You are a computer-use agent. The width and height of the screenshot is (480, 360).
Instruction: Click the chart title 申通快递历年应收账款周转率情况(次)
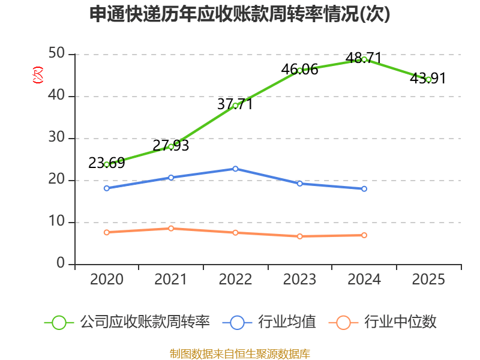tap(240, 14)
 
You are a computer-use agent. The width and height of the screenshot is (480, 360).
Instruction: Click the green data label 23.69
tap(106, 163)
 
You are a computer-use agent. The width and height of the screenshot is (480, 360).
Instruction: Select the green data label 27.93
tap(171, 145)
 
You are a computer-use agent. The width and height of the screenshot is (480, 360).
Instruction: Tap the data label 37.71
tap(235, 104)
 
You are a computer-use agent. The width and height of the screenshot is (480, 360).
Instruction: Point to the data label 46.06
tap(299, 70)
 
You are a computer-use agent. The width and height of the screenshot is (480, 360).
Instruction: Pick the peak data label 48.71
tap(364, 58)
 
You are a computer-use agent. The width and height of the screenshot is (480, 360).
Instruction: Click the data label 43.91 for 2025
tap(428, 78)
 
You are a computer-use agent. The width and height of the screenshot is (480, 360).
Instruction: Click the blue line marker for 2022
tap(235, 169)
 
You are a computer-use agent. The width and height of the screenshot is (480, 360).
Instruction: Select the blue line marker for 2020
tap(107, 188)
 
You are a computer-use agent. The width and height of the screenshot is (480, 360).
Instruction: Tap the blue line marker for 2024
tap(364, 189)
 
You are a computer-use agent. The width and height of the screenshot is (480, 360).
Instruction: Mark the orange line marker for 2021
tap(171, 229)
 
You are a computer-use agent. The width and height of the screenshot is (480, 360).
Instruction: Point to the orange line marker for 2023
tap(300, 236)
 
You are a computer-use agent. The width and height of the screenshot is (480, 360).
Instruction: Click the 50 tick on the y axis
tap(58, 54)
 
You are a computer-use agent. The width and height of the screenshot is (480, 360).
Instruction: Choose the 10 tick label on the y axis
tap(58, 222)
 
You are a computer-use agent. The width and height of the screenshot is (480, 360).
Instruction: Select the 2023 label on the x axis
tap(300, 280)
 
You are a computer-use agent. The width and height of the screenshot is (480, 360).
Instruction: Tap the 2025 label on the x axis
tap(428, 280)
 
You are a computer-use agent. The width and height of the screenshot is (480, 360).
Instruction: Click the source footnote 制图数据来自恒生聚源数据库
tap(240, 353)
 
